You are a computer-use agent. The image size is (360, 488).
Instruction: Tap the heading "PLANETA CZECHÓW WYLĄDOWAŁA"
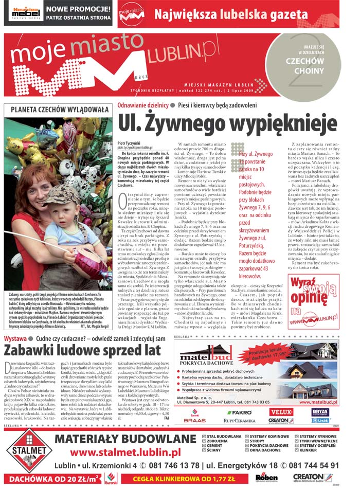tap(56, 110)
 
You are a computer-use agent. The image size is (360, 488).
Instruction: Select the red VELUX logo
tap(281, 412)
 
